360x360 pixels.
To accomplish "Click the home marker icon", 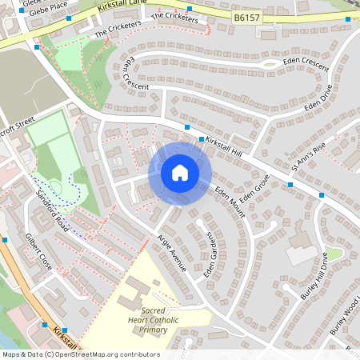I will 179,173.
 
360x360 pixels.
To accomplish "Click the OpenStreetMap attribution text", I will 81,354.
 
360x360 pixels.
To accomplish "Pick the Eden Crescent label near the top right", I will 306,63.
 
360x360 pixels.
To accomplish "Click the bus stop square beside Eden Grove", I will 290,185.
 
